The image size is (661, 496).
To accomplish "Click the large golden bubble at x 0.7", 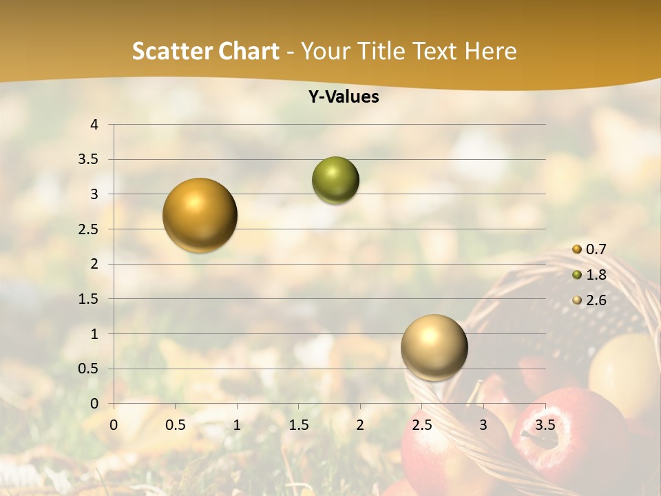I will coord(200,215).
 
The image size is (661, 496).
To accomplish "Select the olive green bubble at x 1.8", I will coord(335,180).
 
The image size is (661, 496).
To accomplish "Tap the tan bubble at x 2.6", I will coord(434,347).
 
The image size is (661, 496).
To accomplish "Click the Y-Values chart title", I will coord(344,96).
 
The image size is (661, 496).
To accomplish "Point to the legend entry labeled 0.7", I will coord(596,249).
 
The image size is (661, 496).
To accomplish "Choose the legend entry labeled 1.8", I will coord(596,275).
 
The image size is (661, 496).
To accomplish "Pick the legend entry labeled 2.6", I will coord(596,300).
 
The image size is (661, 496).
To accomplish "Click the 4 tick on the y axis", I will coord(95,125).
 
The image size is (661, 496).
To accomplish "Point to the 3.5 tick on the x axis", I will coord(545,424).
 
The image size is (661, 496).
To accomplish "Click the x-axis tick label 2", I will coord(360,424).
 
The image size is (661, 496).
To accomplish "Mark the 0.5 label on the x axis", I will coord(176,424).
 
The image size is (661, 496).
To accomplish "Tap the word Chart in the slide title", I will coord(247,51).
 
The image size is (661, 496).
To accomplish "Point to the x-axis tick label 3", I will coord(483,424).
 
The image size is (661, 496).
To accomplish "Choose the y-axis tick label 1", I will coord(95,334).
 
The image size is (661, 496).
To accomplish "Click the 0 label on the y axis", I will coord(95,404).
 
